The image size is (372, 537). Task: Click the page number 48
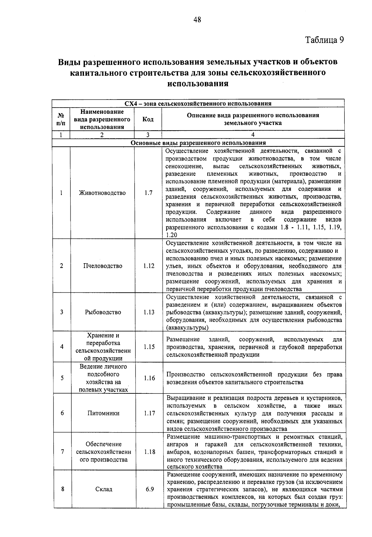(197, 20)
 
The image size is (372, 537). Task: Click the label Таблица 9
(324, 40)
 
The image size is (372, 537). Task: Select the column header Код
(148, 119)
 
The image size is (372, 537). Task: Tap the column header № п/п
(61, 119)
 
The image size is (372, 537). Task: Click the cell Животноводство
(102, 193)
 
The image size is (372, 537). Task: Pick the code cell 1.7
(148, 193)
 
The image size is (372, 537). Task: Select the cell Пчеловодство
(103, 266)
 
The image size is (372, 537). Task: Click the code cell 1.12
(149, 266)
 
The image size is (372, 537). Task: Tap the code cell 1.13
(149, 312)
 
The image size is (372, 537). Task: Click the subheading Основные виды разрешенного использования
(198, 143)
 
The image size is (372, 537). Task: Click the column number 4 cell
(253, 135)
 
